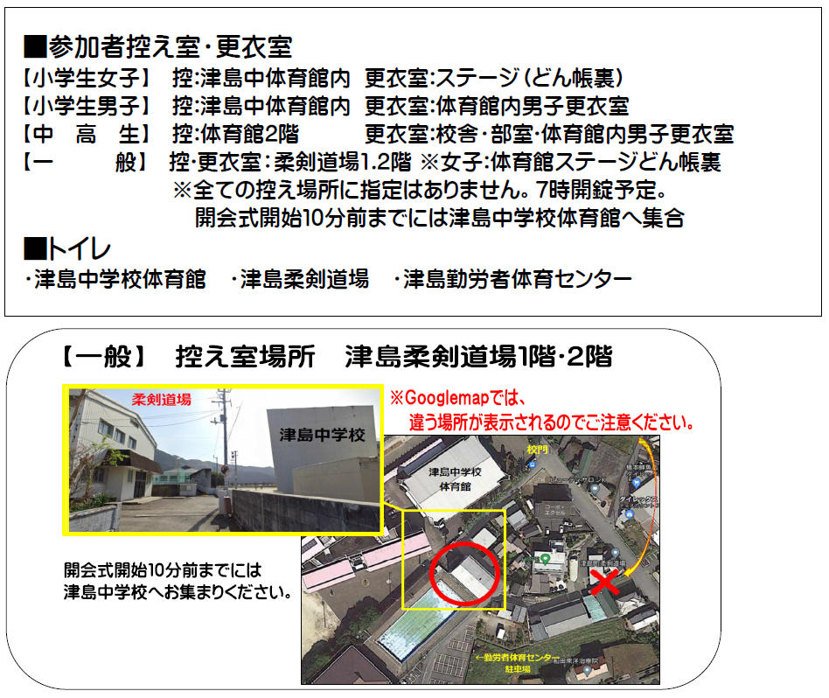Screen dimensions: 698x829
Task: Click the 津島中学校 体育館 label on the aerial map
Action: pos(449,478)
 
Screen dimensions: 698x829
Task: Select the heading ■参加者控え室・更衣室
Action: pos(157,46)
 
